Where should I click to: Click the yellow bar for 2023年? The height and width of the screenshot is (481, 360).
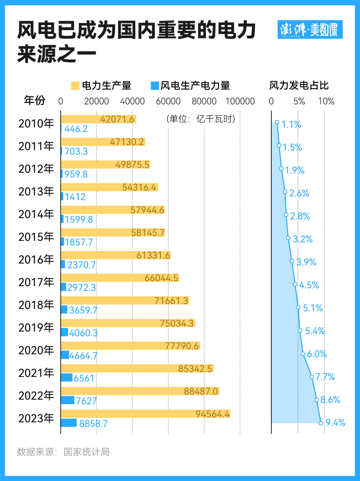[145, 414]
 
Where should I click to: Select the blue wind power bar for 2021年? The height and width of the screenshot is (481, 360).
[67, 378]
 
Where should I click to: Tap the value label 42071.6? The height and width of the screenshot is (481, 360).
[117, 119]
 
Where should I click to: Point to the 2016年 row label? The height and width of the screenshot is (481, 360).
[36, 260]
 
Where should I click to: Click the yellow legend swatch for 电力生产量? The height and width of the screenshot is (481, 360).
[75, 86]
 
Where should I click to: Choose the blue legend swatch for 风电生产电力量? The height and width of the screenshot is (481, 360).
[155, 86]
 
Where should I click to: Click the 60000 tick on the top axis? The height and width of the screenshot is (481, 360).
[168, 101]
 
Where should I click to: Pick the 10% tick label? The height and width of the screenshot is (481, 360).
[326, 101]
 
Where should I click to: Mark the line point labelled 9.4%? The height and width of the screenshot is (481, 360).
[321, 423]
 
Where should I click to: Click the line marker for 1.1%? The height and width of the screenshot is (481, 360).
[277, 122]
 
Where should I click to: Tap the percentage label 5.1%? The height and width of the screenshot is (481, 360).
[313, 308]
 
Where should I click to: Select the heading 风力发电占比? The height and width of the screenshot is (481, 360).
[299, 86]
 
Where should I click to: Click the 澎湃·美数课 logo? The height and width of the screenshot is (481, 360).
[310, 30]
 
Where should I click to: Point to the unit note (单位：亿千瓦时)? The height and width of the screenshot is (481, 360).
[201, 119]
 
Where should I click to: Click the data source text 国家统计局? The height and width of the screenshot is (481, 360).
[86, 452]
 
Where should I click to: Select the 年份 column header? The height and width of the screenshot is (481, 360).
[34, 100]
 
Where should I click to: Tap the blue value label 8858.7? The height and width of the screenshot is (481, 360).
[93, 424]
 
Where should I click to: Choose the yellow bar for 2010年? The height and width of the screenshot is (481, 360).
[98, 119]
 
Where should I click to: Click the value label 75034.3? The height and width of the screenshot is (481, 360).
[176, 323]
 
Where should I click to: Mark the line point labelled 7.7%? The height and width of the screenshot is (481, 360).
[312, 377]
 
